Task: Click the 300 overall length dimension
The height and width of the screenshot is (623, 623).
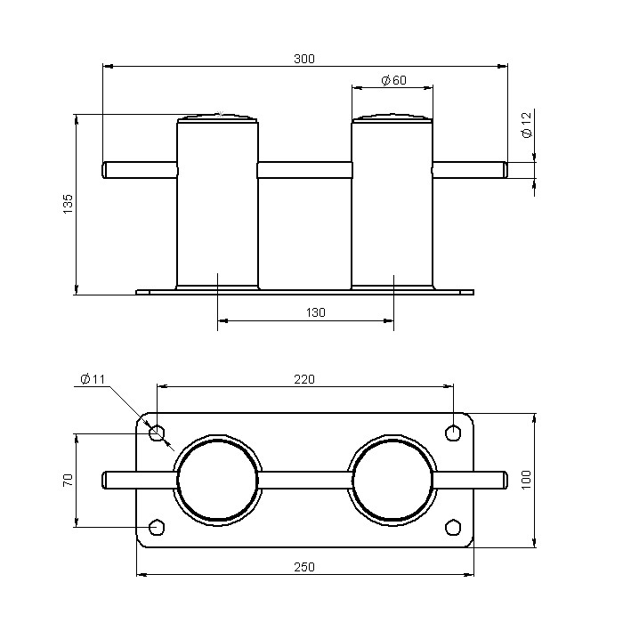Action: (304, 59)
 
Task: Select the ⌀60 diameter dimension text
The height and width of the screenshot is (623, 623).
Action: (393, 81)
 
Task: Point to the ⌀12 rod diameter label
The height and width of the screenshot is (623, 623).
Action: (526, 124)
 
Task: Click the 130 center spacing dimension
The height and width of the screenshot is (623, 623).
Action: (315, 312)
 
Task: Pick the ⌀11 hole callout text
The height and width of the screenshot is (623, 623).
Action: (93, 379)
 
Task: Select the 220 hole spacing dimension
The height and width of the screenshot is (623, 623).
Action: (304, 379)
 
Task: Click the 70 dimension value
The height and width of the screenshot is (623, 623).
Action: (68, 481)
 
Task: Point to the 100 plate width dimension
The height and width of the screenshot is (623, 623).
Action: (526, 480)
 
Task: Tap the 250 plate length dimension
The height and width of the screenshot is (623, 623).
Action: (304, 567)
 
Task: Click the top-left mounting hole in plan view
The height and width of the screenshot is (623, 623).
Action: (158, 433)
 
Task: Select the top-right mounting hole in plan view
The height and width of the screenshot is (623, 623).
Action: (453, 433)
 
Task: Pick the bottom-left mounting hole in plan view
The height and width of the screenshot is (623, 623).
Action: (158, 528)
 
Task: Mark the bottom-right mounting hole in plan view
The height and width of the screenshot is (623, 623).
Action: (453, 528)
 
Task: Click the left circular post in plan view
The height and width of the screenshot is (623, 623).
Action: (218, 481)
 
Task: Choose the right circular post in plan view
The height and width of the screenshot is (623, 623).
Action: (392, 481)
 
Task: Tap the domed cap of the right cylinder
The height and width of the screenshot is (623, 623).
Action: (392, 117)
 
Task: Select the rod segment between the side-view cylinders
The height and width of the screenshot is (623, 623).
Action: (305, 169)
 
